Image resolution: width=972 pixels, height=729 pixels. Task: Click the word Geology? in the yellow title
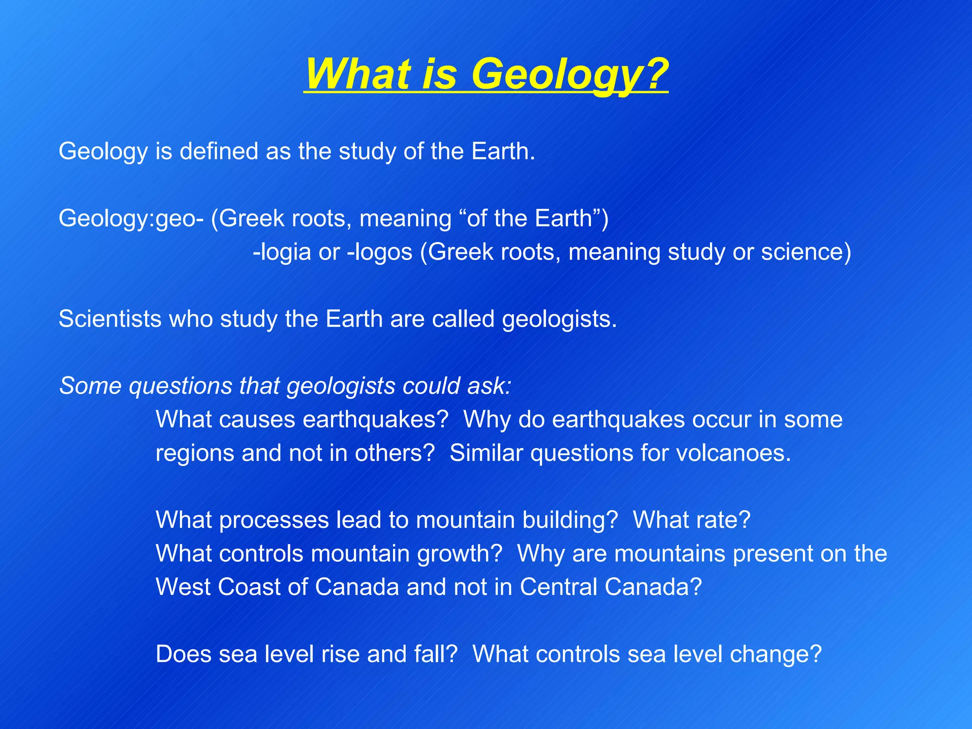(x=570, y=74)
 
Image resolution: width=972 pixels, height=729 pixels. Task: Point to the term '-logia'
(x=282, y=252)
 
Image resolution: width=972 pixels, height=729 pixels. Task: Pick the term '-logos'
(x=380, y=252)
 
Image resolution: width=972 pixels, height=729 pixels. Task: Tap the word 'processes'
(x=274, y=521)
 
